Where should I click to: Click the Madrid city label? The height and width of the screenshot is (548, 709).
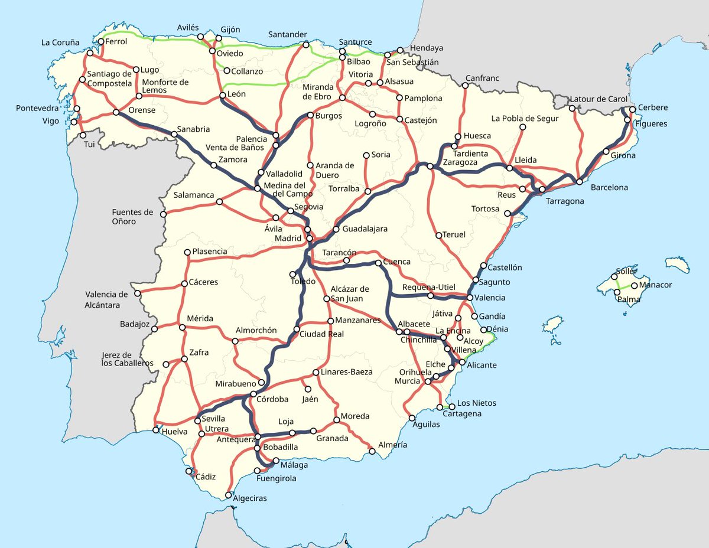tap(288, 238)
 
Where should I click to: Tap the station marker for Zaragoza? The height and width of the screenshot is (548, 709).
tap(430, 167)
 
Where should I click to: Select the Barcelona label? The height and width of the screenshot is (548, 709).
tap(609, 188)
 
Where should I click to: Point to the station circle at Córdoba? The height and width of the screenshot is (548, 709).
tap(253, 394)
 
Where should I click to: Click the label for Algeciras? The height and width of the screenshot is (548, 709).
tap(250, 498)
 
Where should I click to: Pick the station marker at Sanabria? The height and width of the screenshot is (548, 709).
tap(174, 135)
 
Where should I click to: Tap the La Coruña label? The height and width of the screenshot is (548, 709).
tap(60, 43)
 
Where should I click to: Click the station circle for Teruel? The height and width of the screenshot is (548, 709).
tap(438, 235)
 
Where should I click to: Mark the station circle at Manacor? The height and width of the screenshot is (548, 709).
tap(635, 286)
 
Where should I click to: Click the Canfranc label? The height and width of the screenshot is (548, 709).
tap(482, 78)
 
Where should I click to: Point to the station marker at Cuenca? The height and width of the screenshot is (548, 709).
tap(378, 263)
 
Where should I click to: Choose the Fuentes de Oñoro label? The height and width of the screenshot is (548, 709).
tap(132, 217)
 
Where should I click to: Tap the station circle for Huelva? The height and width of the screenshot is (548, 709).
tap(156, 429)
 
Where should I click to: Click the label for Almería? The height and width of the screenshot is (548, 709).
tap(392, 445)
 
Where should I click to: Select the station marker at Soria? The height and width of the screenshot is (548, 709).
tap(366, 155)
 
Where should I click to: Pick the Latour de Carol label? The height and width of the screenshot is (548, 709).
tap(599, 99)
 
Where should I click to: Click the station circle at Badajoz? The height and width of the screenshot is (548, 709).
tap(154, 329)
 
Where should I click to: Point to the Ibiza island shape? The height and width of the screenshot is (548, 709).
tap(552, 324)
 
